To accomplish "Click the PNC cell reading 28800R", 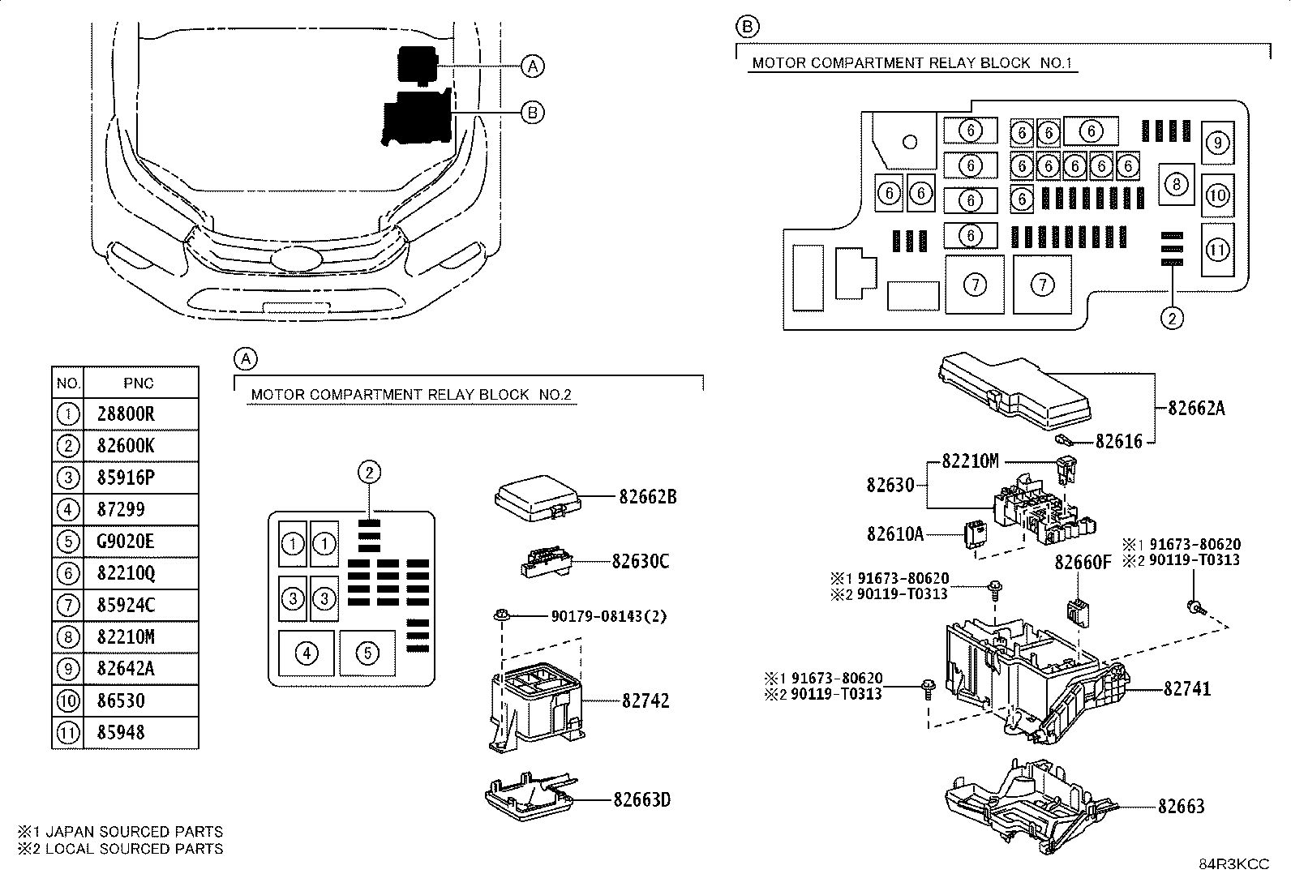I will click(126, 414).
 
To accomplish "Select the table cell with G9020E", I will click(126, 542).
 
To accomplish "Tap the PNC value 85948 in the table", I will click(121, 733).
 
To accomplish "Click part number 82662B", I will click(647, 497).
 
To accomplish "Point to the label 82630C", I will click(641, 561).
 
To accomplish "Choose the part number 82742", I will click(645, 700).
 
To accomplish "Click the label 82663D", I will click(641, 799).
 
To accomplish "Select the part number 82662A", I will click(1196, 408).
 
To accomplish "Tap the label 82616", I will click(1118, 441).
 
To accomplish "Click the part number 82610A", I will click(895, 534).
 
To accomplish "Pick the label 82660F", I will click(1083, 562).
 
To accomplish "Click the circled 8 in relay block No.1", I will click(1177, 184).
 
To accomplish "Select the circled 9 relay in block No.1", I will click(1217, 143).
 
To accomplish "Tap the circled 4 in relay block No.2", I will click(307, 653).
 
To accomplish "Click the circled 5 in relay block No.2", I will click(367, 653).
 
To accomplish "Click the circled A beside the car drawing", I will click(532, 66).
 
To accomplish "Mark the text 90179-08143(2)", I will click(608, 616).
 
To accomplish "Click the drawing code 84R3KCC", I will click(1233, 864).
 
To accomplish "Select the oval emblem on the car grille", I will click(296, 259).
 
